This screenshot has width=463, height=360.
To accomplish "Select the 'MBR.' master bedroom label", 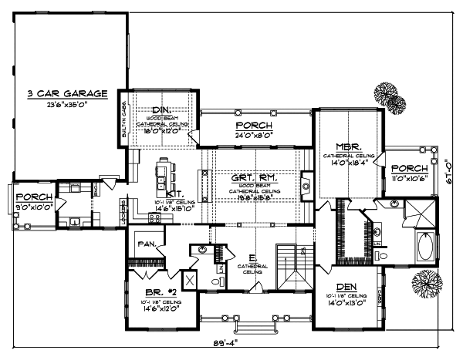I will pos(344,146).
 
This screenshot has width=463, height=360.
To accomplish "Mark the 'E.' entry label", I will pos(252,258).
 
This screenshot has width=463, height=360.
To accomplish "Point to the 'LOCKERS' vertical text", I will pos(123,210).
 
